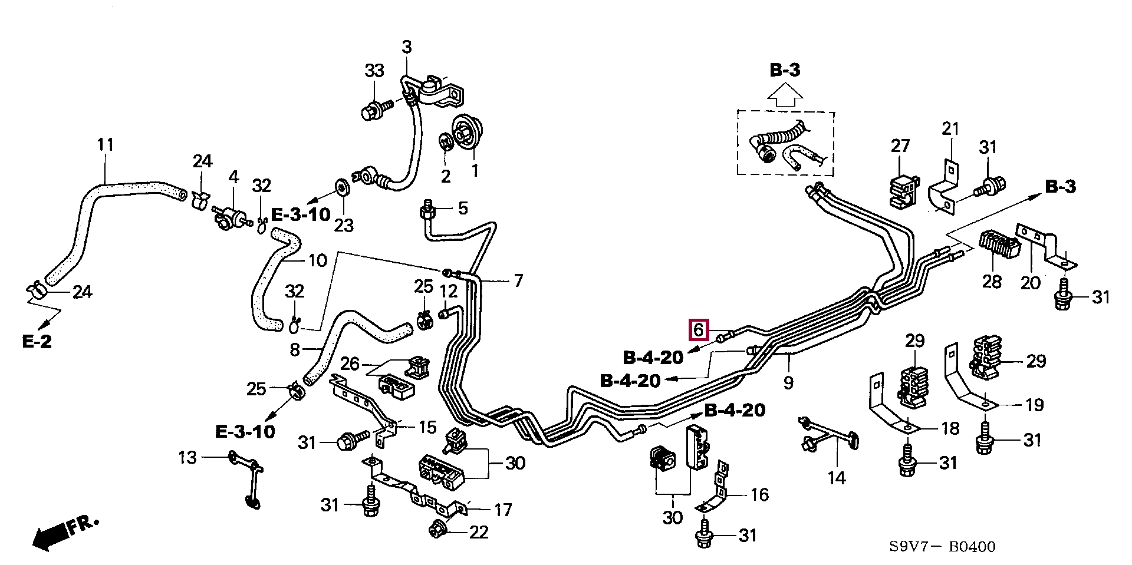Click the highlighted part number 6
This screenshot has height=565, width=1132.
pyautogui.click(x=699, y=329)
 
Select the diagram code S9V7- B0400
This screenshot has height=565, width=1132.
pyautogui.click(x=942, y=547)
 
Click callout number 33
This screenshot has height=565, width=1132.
pyautogui.click(x=374, y=71)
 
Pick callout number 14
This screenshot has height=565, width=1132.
pyautogui.click(x=836, y=477)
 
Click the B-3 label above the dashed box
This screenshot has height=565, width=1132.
pyautogui.click(x=785, y=70)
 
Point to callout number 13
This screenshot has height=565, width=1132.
pyautogui.click(x=187, y=457)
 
